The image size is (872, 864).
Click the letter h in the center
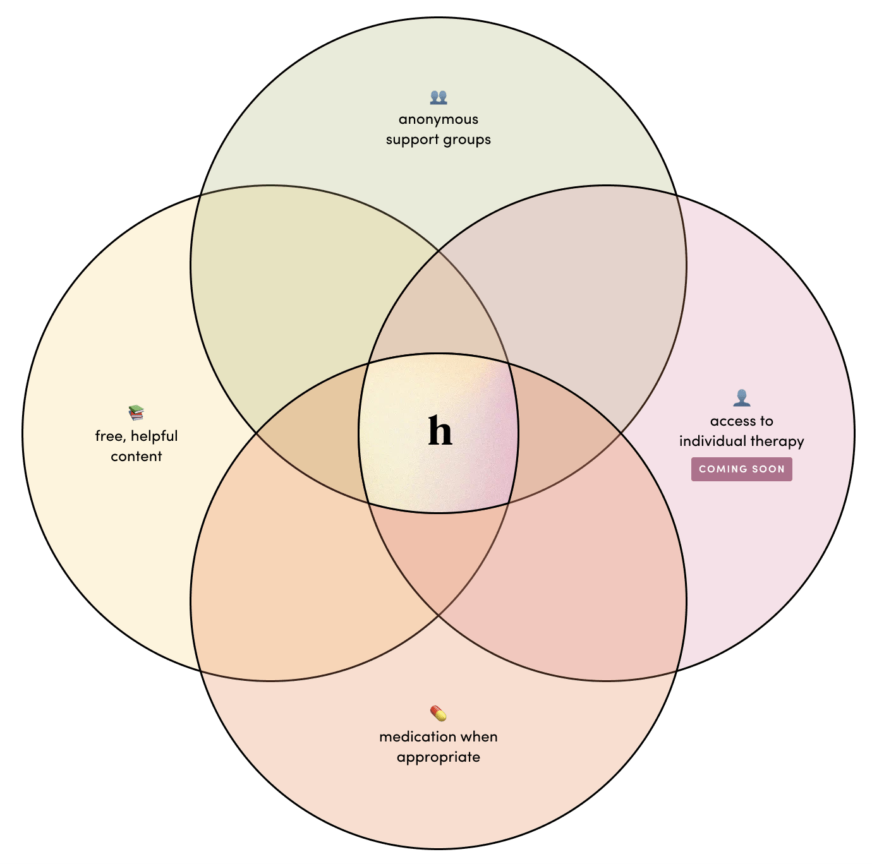[440, 432]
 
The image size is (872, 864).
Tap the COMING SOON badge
[741, 469]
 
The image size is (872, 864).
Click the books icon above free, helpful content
[136, 413]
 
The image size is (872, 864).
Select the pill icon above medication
[438, 714]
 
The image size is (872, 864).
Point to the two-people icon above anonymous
[438, 97]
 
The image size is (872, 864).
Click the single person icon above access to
[741, 398]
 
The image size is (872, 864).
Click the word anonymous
[438, 119]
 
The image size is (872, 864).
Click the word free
[109, 436]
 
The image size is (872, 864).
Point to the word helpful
[154, 436]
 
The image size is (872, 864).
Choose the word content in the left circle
[136, 457]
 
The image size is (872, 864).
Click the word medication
[417, 737]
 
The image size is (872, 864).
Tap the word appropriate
[438, 757]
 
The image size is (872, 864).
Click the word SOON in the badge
[767, 469]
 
